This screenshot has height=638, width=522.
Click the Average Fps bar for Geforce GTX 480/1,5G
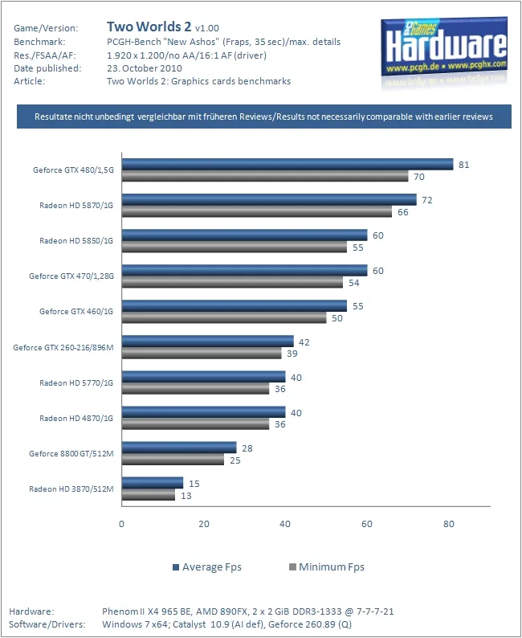288,165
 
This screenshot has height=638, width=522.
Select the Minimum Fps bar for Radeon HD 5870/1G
257,212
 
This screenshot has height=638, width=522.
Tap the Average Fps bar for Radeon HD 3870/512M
152,483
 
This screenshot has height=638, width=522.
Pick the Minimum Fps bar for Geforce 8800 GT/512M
173,460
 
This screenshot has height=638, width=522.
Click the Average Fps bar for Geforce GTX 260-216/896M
207,341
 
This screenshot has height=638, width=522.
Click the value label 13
186,496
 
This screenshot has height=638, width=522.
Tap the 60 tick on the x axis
367,524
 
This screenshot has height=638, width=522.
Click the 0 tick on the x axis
121,524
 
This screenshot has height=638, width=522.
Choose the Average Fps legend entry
206,567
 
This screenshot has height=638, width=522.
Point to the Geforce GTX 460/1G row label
76,311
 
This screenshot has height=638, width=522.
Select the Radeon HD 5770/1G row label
76,382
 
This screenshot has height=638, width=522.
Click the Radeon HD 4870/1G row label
76,418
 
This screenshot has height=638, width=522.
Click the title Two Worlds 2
149,27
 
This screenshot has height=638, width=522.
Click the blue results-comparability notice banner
263,117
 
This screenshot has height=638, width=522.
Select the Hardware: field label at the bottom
31,612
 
